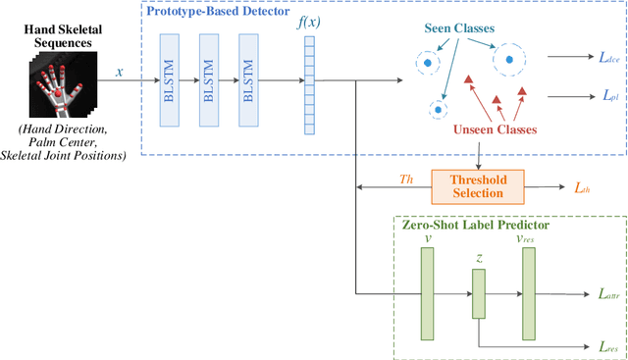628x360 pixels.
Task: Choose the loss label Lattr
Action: tap(608, 292)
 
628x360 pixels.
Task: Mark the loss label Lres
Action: tap(607, 346)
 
